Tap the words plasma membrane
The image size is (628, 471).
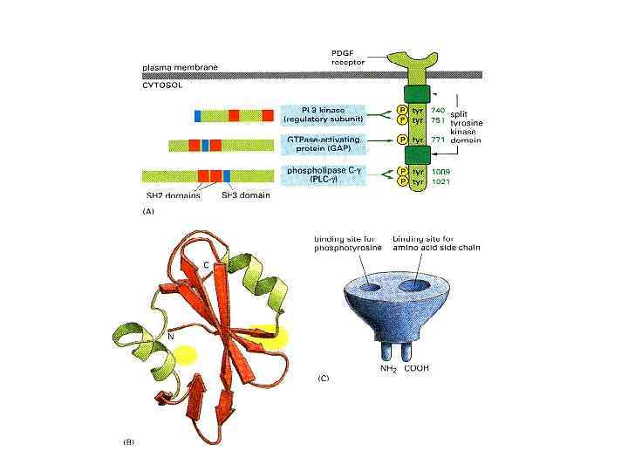coord(181,67)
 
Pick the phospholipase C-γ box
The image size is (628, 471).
coord(319,174)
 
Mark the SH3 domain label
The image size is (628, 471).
coord(245,195)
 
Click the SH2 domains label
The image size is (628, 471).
coord(173,195)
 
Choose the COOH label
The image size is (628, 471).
coord(414,368)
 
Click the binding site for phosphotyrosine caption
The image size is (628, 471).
coord(343,244)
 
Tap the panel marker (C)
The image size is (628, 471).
coord(324,379)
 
